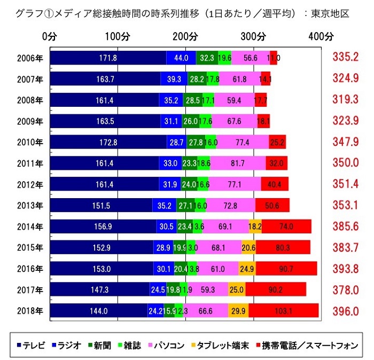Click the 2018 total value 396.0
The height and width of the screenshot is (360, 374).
point(343,311)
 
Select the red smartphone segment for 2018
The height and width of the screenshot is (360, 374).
point(283,311)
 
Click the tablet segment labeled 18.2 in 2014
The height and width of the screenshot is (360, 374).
point(255,226)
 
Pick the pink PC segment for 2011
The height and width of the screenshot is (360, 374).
point(238,163)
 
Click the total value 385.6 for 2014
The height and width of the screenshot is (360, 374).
point(343,226)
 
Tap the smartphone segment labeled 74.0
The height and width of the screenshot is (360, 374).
point(286,226)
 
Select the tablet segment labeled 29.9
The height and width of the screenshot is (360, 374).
point(238,311)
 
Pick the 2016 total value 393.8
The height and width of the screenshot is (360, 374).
point(343,269)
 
